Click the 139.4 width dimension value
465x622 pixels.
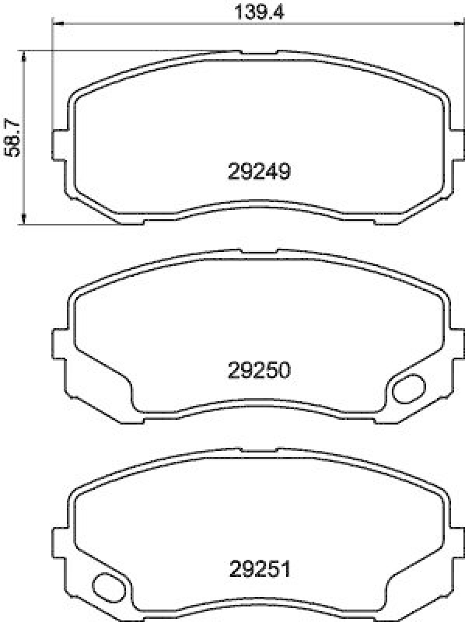(x=254, y=11)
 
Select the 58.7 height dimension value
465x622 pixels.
(x=12, y=139)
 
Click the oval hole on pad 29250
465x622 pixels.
(x=407, y=388)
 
